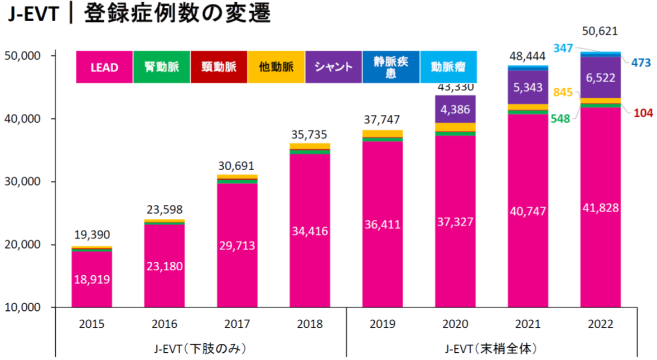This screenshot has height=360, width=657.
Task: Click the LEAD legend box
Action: click(104, 67)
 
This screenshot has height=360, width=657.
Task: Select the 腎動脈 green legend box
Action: click(161, 67)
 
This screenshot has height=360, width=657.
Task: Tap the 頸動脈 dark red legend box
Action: click(219, 67)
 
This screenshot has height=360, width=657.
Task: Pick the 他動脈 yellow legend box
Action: click(276, 67)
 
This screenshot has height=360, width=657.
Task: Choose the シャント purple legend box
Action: click(334, 67)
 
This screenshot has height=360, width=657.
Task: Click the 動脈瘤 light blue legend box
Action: click(448, 67)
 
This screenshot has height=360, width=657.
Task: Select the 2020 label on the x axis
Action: click(455, 324)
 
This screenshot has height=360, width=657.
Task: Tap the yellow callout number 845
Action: click(563, 93)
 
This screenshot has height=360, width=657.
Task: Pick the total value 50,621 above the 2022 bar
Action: click(600, 31)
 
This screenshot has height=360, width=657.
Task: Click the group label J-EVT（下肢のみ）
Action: click(200, 349)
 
